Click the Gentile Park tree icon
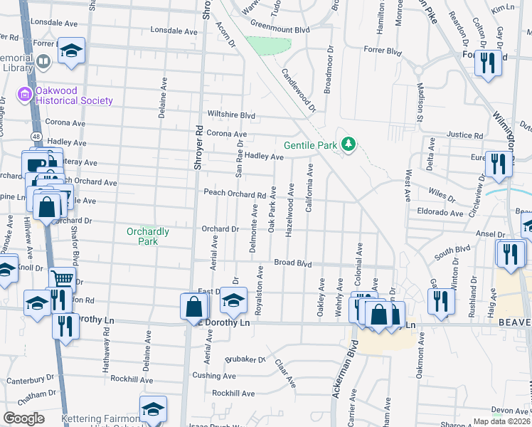(x=349, y=144)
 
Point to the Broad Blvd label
(x=294, y=263)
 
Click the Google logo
(x=23, y=418)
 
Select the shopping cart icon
(x=63, y=278)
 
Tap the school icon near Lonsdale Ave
(x=71, y=51)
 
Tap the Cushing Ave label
(x=214, y=375)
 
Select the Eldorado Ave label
(x=440, y=212)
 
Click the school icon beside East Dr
(x=233, y=300)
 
